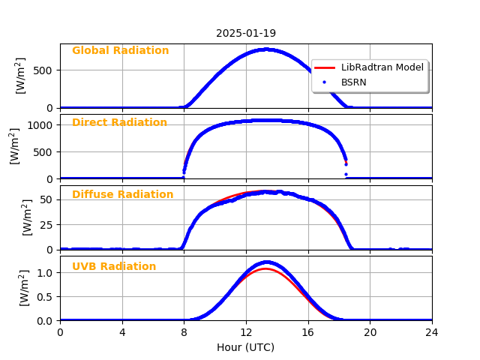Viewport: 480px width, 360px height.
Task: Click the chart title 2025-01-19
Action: click(x=246, y=33)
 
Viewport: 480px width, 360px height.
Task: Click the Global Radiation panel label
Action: click(x=120, y=51)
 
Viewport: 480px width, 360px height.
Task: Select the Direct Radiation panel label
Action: click(x=119, y=123)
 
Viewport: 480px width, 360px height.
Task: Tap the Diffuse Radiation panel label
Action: click(x=122, y=195)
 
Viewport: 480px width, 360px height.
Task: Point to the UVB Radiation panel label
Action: click(x=114, y=267)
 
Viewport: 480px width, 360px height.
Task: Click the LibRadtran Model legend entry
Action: click(x=382, y=67)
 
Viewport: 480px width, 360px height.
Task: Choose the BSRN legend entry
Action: click(x=353, y=82)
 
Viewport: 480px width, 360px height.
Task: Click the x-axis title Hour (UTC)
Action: click(x=246, y=347)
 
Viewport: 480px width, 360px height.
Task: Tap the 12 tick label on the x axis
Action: click(x=246, y=332)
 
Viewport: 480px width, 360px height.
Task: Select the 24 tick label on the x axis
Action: click(x=432, y=332)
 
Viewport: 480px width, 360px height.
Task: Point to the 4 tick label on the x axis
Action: click(x=122, y=332)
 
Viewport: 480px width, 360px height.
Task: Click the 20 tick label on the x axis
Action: click(x=370, y=332)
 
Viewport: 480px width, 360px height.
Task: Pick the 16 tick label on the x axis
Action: click(x=308, y=332)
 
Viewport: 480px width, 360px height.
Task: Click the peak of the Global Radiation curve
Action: click(x=266, y=49)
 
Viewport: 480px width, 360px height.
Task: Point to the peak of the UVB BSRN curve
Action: click(x=266, y=262)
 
